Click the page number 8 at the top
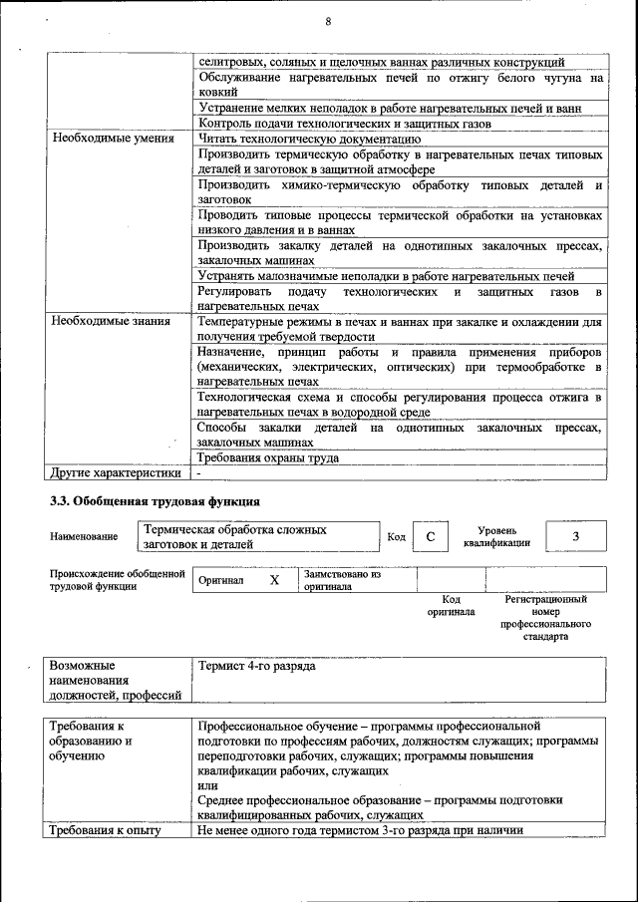tap(327, 23)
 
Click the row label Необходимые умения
tap(109, 139)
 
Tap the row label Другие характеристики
tap(116, 472)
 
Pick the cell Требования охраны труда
tap(267, 457)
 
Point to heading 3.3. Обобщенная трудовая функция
tap(155, 500)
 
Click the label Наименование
tap(84, 537)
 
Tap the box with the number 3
tap(575, 537)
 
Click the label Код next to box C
tap(396, 538)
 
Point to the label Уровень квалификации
tap(496, 537)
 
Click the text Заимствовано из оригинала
tap(343, 580)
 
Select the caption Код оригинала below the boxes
tap(451, 606)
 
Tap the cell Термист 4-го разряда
tap(257, 666)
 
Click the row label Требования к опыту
tap(106, 830)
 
